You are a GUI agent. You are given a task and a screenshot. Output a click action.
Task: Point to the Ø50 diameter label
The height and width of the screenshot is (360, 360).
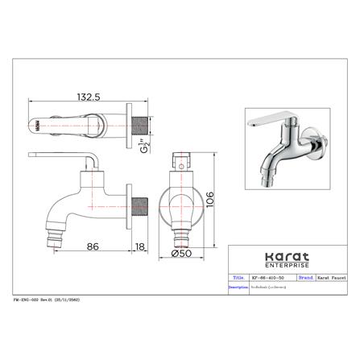(x=184, y=254)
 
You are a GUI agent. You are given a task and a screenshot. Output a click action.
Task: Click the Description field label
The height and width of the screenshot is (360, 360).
(x=239, y=285)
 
